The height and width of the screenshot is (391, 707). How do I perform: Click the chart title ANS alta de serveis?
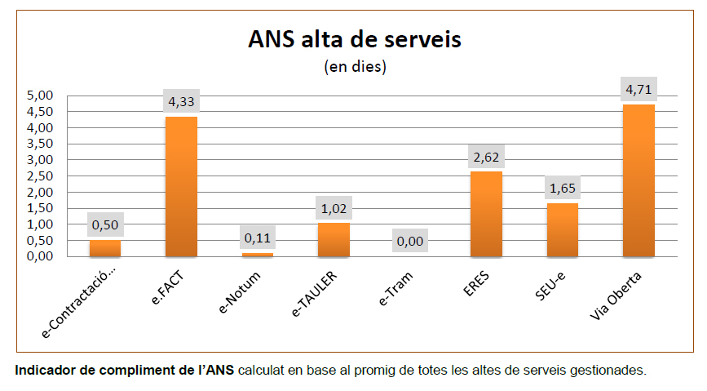click(354, 40)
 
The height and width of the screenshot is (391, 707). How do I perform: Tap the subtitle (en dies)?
click(355, 66)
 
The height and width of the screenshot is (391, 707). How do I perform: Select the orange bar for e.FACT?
click(181, 187)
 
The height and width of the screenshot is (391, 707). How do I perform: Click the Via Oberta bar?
click(639, 180)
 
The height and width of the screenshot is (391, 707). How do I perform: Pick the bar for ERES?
click(486, 214)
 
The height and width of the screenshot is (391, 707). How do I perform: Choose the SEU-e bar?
click(563, 229)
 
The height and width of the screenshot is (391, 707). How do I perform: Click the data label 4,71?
click(639, 89)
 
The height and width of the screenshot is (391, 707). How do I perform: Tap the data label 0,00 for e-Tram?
click(410, 242)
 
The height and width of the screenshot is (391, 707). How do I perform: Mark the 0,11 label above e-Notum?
click(258, 238)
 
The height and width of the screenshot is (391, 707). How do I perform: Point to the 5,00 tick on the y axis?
click(40, 96)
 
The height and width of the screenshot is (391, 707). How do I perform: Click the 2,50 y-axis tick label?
click(40, 176)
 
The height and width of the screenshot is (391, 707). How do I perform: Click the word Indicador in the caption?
click(45, 371)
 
